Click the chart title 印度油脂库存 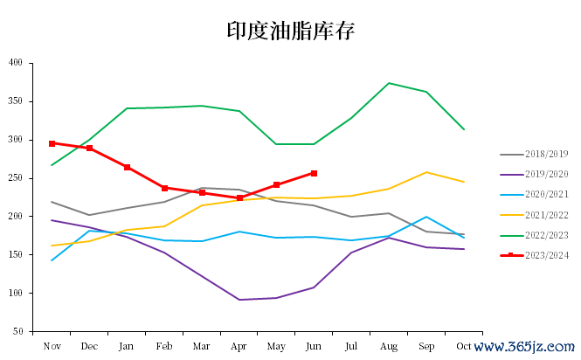coord(291,31)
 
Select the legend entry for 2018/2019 coord(540,155)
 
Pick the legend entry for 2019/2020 coord(540,175)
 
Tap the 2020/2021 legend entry coord(540,195)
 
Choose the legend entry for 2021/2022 coord(540,215)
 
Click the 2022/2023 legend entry coord(540,235)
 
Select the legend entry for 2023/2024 coord(540,255)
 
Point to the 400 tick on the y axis coord(16,63)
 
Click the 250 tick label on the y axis coord(16,178)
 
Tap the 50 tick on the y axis coord(17,332)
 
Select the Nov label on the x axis coord(52,346)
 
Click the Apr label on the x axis coord(239,346)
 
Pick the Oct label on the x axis coord(463,346)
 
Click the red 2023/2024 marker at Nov coord(52,143)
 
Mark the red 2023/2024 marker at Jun coord(314,173)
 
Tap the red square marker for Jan coord(127,167)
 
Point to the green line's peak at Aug coord(389,83)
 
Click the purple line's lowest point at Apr coord(239,300)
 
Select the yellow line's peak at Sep coord(425,172)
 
